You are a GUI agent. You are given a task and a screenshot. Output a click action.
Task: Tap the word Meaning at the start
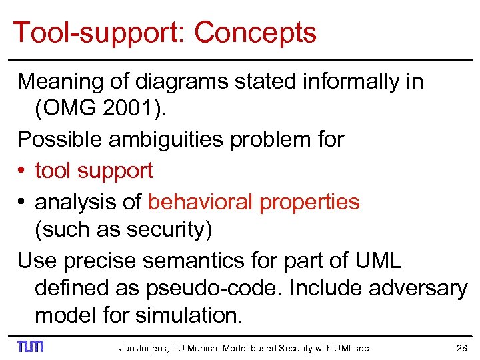[55, 81]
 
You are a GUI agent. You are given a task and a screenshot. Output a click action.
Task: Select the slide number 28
[461, 347]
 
